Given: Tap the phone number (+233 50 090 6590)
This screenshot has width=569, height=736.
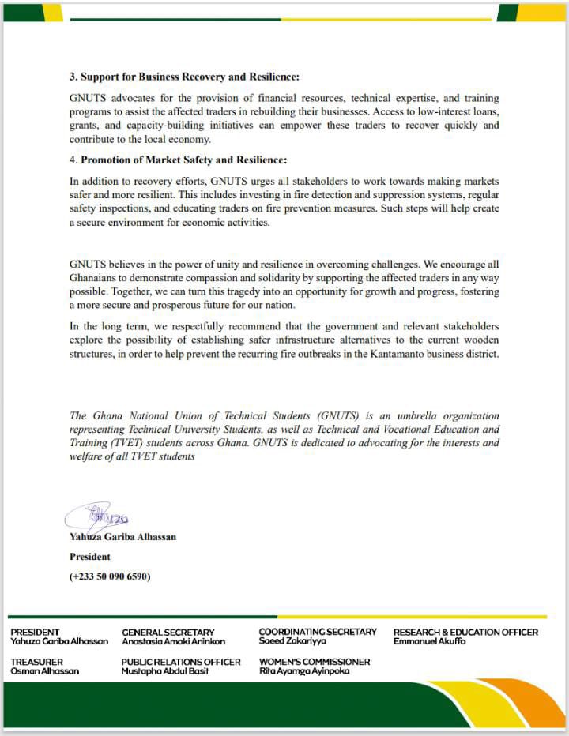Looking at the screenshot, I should click(x=110, y=576).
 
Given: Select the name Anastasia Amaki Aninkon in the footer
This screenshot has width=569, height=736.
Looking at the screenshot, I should click(x=173, y=641).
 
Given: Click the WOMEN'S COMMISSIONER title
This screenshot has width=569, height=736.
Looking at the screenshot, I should click(x=315, y=662).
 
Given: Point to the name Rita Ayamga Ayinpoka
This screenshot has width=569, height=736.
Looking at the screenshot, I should click(x=304, y=671).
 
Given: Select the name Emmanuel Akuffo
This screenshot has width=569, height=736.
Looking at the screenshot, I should click(x=430, y=641).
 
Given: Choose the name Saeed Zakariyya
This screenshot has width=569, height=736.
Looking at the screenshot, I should click(x=292, y=641).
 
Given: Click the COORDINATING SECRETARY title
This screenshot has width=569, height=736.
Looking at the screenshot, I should click(x=318, y=632).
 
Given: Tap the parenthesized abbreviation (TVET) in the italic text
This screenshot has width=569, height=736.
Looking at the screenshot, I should click(x=113, y=444).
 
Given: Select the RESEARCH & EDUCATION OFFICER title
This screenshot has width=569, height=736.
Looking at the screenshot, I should click(x=465, y=632).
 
